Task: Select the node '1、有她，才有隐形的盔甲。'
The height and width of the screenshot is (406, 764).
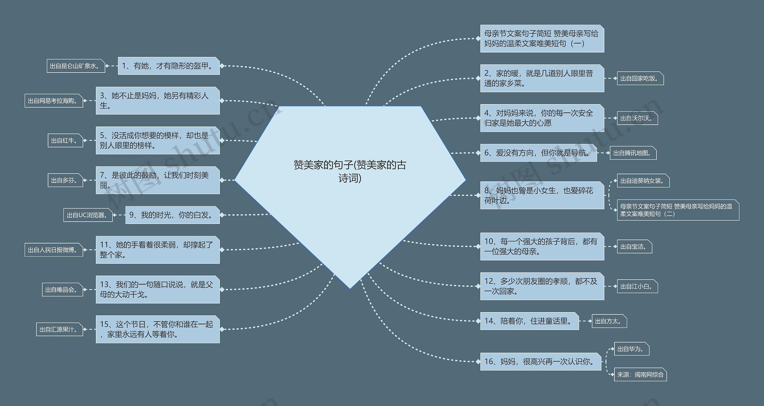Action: coord(169,66)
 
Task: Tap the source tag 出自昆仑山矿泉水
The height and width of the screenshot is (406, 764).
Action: coord(76,66)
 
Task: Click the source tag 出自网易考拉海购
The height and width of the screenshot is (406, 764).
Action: coord(53,101)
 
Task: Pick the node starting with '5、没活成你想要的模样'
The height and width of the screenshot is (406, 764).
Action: coord(158,140)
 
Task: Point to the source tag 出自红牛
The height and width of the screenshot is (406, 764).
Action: coord(65,141)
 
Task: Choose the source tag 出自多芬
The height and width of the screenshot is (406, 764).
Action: coord(65,180)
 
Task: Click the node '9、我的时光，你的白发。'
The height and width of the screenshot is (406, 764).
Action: coord(172,215)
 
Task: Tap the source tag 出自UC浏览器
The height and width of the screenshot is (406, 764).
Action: coord(88,215)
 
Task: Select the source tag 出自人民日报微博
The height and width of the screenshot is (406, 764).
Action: coord(53,250)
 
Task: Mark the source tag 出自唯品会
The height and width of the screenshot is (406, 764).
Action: coord(62,290)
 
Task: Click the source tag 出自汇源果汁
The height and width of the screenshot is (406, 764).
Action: coord(59,329)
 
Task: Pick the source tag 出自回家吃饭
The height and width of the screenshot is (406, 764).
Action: coord(640,78)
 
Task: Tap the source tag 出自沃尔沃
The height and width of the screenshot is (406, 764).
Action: coord(637,118)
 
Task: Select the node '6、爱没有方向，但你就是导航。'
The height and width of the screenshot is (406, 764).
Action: coord(538,153)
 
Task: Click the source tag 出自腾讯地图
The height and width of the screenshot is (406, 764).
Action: coord(633,153)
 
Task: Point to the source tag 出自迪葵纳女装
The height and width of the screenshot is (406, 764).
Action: coord(643,181)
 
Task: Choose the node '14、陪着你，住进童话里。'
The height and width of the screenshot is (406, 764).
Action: coord(529,321)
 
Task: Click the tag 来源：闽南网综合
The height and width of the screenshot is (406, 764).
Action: coord(640,375)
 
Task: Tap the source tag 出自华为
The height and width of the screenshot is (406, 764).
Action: coord(631,349)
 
